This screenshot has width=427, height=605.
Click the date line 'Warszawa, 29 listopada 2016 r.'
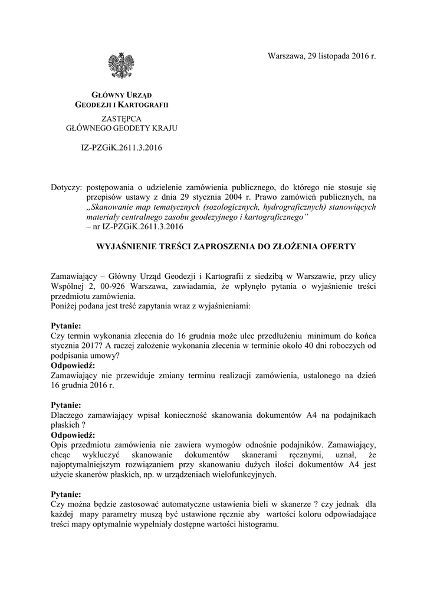[321, 56]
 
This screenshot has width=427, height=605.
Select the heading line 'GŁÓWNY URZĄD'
[121, 95]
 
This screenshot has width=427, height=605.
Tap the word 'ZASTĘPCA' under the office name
[121, 118]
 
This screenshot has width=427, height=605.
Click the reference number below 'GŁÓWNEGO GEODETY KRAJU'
[121, 146]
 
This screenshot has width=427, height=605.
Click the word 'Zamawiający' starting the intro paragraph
[75, 277]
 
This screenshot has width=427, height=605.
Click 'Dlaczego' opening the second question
[70, 415]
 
